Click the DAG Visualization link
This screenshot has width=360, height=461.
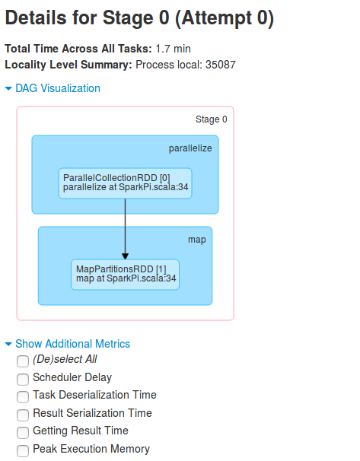click(58, 88)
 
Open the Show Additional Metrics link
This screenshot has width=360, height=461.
click(72, 344)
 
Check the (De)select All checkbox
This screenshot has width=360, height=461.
click(23, 361)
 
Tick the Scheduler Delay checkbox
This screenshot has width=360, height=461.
click(23, 380)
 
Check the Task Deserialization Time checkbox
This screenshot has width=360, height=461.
click(23, 397)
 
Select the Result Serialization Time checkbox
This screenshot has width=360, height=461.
click(23, 415)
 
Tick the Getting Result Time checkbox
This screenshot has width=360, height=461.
click(23, 433)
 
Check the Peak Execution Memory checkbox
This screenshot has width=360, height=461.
click(23, 450)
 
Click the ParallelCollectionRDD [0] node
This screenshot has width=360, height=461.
click(126, 183)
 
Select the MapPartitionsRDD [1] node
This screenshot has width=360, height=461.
click(126, 275)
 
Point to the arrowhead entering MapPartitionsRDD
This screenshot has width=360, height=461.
click(126, 256)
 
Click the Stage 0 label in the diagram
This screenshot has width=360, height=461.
click(211, 119)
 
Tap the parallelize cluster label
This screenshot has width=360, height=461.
click(190, 148)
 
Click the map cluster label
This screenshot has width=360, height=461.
click(197, 240)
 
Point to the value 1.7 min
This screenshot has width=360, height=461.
click(173, 49)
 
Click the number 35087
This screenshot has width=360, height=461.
click(221, 65)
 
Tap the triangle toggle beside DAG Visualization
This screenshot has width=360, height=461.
click(8, 88)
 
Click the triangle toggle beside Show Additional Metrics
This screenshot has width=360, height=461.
click(8, 344)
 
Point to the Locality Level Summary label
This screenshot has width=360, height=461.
click(68, 65)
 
